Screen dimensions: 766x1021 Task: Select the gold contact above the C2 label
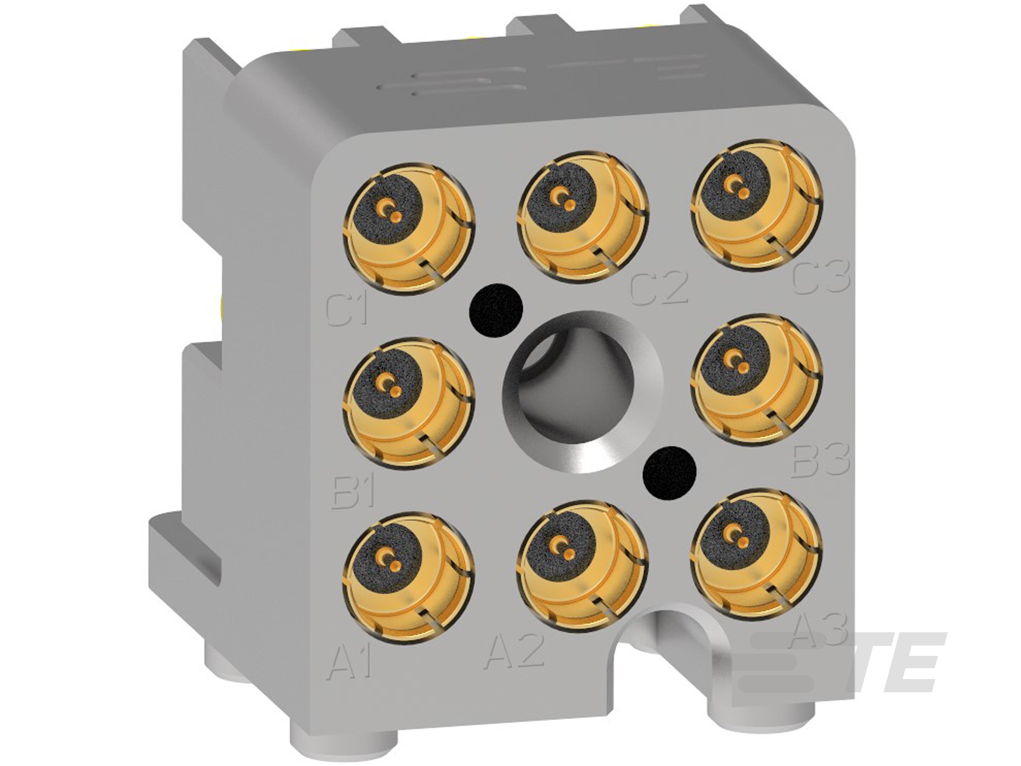[582, 217]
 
